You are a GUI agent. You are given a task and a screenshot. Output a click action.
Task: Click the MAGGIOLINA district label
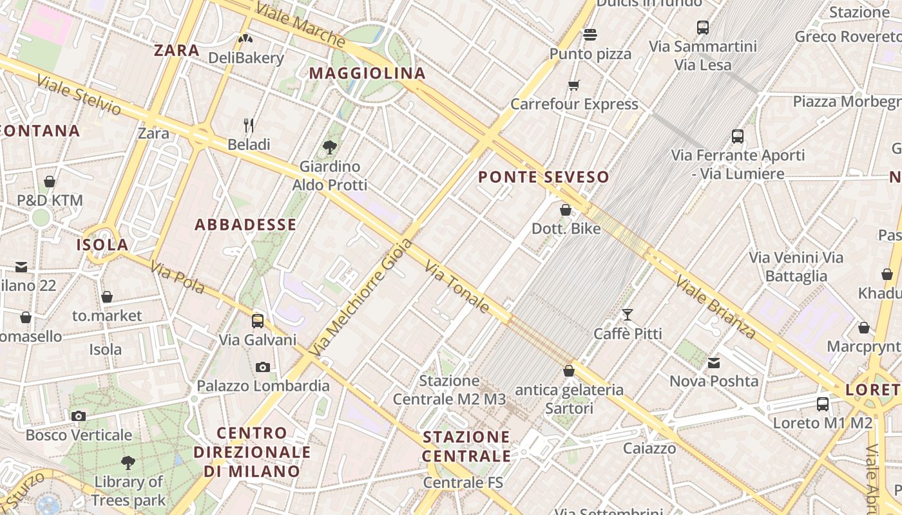367,73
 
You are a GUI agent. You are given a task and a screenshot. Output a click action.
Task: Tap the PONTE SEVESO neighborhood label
544,177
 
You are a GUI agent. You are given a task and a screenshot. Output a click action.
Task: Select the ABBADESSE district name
245,225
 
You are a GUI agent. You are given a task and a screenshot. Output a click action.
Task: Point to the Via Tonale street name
457,286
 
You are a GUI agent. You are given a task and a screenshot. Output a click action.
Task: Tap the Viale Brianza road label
715,306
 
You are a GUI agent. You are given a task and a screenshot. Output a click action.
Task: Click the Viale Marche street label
300,24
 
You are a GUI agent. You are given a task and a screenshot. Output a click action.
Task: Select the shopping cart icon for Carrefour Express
573,85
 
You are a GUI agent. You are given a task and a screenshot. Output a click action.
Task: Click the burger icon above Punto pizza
590,34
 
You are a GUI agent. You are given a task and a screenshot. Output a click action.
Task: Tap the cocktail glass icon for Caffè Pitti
627,315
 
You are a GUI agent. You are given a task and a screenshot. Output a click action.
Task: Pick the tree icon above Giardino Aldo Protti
330,147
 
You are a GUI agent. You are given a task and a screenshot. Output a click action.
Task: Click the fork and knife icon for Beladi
249,125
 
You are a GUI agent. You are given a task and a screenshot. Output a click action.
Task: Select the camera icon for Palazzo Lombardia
263,367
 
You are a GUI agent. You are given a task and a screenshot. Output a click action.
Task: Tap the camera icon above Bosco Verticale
79,416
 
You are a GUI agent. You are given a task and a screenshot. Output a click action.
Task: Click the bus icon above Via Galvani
258,321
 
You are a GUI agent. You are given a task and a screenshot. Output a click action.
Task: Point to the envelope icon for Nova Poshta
714,363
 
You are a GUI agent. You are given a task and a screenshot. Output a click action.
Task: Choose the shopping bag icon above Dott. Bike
566,210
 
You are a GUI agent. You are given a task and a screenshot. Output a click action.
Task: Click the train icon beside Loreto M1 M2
823,404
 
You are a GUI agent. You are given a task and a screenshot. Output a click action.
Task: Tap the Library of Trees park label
128,491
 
